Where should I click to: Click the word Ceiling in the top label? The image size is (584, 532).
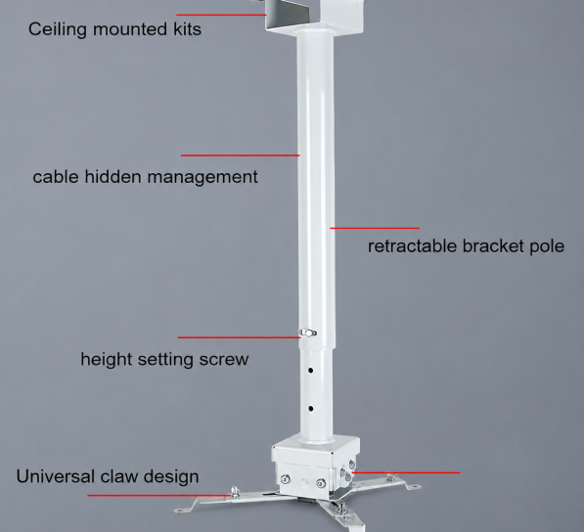(x=58, y=29)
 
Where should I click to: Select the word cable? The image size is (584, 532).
(x=56, y=176)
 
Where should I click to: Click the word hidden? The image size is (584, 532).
(x=112, y=176)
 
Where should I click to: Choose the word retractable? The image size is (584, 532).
(x=412, y=246)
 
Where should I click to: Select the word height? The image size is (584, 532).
(x=107, y=360)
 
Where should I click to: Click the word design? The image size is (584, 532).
(x=171, y=477)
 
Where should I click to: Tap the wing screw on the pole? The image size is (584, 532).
(x=307, y=332)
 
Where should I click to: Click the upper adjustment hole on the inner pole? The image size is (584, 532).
(x=310, y=370)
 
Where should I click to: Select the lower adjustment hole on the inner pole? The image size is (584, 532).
(x=311, y=409)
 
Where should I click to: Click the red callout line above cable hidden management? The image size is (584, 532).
(x=241, y=155)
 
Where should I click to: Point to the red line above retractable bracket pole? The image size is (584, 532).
(x=375, y=228)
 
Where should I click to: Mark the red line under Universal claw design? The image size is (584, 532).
(x=159, y=496)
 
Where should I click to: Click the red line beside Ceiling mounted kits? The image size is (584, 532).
(x=222, y=15)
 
